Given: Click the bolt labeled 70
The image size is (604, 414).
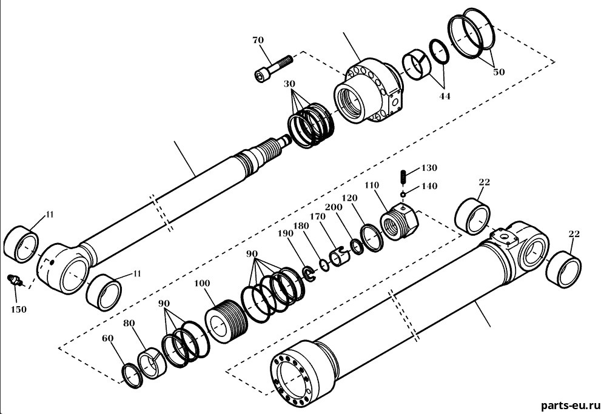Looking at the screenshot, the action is coord(273,68).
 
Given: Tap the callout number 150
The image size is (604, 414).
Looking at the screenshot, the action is coord(18,309).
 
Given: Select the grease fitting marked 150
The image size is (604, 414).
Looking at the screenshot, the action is coord(15,280).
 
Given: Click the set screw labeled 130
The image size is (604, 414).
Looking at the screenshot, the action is coord(403,177).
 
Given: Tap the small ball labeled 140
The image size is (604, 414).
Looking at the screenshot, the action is coord(403,195).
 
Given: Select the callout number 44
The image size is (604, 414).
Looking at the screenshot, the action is coord(445,96).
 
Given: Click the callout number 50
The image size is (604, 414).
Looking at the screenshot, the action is coord(498,72).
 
